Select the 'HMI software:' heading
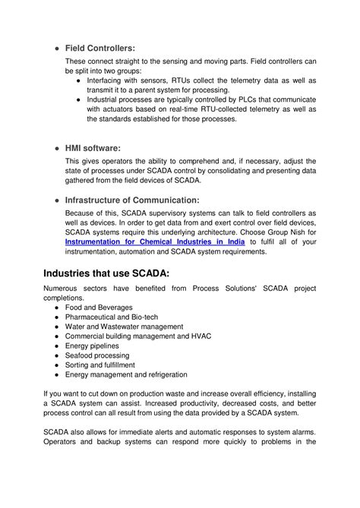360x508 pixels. (93, 148)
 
